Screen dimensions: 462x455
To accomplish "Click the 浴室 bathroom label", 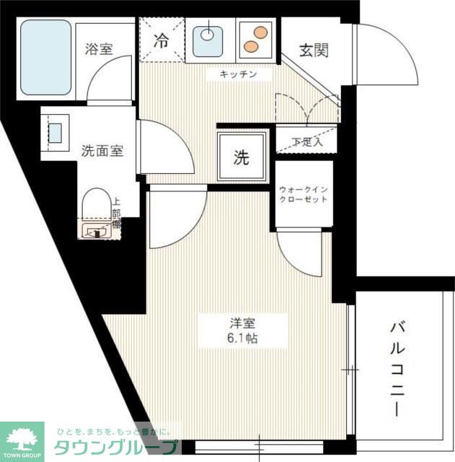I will tap(100, 49).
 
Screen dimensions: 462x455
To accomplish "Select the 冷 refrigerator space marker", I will tap(162, 40).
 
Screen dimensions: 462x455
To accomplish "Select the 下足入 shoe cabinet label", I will tap(307, 141).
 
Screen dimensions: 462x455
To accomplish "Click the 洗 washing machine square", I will tap(242, 157).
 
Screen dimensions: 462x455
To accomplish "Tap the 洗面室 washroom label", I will tap(102, 151).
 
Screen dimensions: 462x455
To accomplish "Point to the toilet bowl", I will tap(94, 204).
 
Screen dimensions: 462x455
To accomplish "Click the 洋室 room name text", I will tap(230, 322).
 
